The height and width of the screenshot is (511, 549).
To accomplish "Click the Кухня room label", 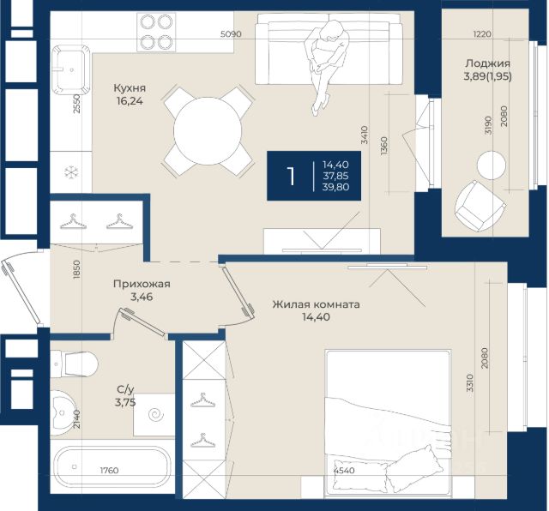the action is [x=130, y=88].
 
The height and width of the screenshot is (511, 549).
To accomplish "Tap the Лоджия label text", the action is [x=487, y=63].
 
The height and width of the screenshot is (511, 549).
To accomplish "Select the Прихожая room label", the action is [x=142, y=284].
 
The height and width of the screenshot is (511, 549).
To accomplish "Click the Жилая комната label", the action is [x=317, y=304].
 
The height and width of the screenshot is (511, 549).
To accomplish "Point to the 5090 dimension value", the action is [x=231, y=34].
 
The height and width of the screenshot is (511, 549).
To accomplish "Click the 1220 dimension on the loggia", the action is [x=482, y=34].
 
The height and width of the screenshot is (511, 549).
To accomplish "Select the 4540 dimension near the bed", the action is [x=344, y=471].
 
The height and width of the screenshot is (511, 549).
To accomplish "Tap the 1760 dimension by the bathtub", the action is [x=109, y=471].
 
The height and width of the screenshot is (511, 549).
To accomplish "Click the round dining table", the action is [x=208, y=131].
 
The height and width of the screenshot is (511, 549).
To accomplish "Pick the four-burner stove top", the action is [x=156, y=33].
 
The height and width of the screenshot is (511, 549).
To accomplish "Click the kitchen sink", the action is [x=71, y=70].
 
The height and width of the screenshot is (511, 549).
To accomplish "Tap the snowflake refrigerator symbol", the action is [x=71, y=172].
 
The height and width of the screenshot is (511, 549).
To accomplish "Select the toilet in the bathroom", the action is [x=74, y=364].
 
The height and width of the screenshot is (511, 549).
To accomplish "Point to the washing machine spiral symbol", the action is [x=156, y=415].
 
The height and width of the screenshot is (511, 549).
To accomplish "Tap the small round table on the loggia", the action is [x=492, y=165].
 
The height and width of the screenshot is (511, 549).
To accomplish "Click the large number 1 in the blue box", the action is [x=291, y=176].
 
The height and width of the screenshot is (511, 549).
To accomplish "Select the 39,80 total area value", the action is [x=335, y=187].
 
